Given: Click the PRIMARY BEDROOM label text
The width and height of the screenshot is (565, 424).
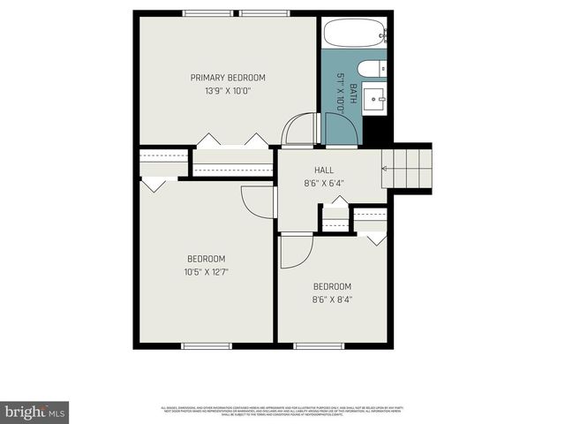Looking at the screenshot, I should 228,78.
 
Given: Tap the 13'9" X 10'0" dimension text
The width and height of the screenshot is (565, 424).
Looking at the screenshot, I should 228,91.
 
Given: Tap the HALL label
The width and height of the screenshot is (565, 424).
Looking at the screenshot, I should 324,170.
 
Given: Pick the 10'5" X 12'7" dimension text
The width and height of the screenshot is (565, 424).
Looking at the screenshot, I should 206,272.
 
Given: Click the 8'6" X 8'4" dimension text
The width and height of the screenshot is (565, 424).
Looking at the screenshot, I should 332,299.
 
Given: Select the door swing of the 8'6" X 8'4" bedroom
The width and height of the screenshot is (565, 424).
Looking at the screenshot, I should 296,252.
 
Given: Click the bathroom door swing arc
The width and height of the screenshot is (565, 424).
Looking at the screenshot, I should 342,129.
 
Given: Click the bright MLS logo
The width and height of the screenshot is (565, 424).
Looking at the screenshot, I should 34,412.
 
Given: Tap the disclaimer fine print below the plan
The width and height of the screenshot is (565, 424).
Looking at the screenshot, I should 282,411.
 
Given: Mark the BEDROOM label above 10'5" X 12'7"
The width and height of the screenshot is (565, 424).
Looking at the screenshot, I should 206,259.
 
